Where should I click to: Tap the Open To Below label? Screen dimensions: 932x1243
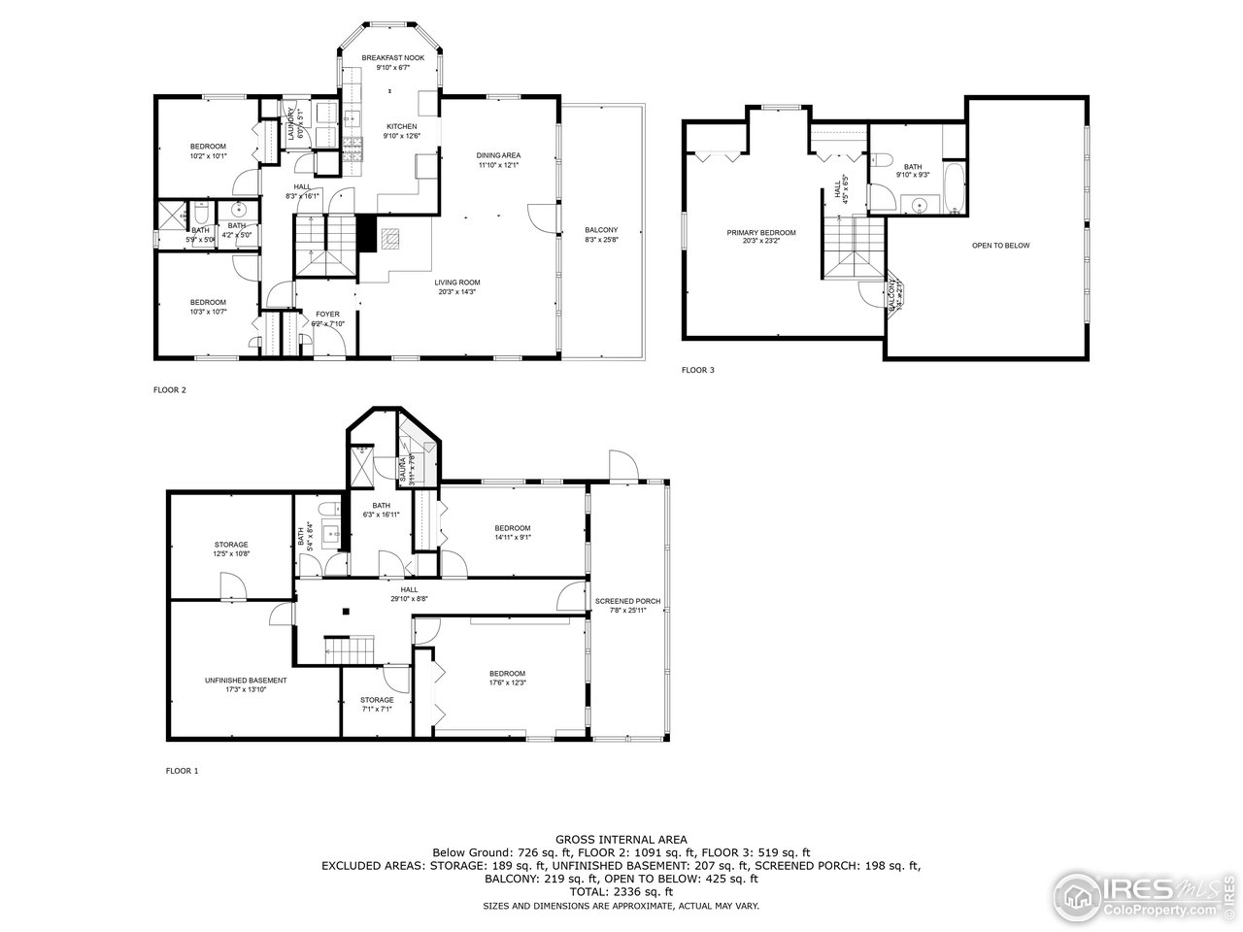click(1000, 246)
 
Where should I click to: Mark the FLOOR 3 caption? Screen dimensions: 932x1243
click(697, 370)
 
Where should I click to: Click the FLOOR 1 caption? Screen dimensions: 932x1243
click(182, 771)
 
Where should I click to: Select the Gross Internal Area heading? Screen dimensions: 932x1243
click(621, 840)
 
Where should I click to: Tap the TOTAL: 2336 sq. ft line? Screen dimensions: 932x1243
click(621, 891)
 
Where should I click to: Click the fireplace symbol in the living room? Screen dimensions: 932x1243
click(390, 236)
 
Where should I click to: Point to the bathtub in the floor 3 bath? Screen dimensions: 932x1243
click(953, 189)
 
